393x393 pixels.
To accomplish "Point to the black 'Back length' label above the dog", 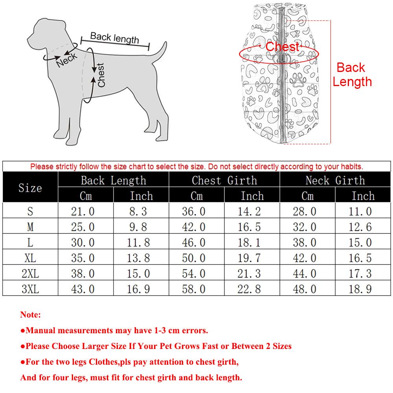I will tap(114, 38).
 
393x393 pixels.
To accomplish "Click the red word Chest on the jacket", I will tap(282, 47).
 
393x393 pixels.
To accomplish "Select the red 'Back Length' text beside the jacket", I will tap(352, 75).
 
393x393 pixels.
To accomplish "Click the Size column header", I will tap(30, 187).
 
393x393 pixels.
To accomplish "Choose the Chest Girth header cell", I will tap(224, 180).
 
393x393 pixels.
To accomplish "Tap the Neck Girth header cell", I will tap(335, 180).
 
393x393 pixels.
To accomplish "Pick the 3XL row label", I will tap(30, 289).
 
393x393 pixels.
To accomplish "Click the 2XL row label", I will tap(30, 274).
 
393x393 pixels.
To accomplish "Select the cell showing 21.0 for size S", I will tap(83, 211).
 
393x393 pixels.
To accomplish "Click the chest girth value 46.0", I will tap(193, 242).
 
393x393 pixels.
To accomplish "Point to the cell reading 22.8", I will tap(249, 289).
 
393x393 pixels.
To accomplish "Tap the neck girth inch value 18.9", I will tap(360, 289).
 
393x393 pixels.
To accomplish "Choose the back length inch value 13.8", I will tap(138, 258).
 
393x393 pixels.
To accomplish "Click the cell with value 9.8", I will tap(138, 227).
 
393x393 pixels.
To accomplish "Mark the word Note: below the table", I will tap(30, 315).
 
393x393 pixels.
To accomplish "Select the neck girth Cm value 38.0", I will tap(305, 242).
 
